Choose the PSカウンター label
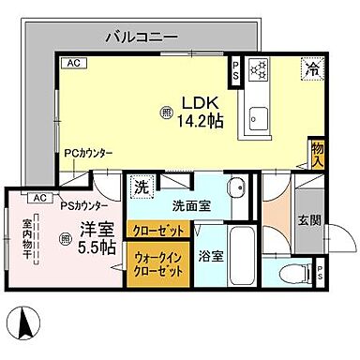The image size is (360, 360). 83,206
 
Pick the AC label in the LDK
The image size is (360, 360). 70,63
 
